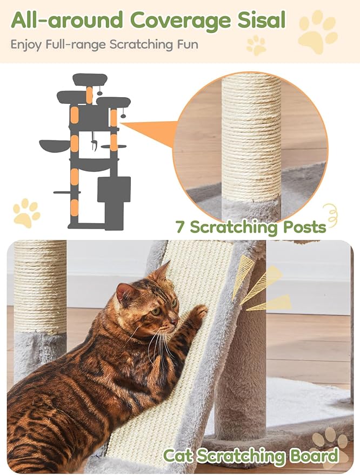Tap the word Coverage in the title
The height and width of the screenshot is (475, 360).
tap(181, 22)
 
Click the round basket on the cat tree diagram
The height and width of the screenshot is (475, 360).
tap(55, 145)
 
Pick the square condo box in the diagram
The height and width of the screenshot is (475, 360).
tap(114, 190)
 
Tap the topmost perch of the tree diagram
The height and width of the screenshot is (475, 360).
tap(90, 79)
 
